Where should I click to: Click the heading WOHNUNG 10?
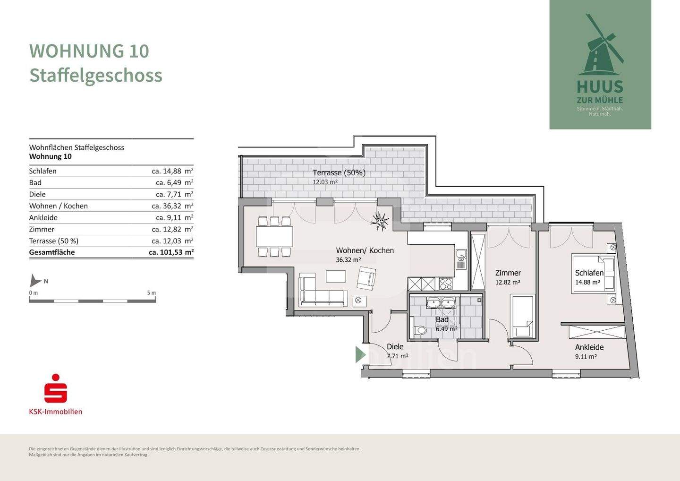coord(89,51)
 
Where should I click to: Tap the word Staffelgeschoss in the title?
coord(96,76)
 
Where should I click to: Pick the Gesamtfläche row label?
coord(52,252)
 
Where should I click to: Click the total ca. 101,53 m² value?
coord(171,252)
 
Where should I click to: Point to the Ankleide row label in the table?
coord(43,218)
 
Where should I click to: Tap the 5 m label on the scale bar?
coord(151,293)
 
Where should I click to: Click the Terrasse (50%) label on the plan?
coord(339,173)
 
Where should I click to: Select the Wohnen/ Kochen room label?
coord(365,250)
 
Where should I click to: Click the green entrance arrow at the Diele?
coord(360,354)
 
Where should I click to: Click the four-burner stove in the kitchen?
coord(446,284)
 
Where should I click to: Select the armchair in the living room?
coord(366,278)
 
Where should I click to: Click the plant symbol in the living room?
coord(380,220)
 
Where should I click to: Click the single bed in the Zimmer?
coord(523,316)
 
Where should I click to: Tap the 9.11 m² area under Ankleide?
coord(586,357)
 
